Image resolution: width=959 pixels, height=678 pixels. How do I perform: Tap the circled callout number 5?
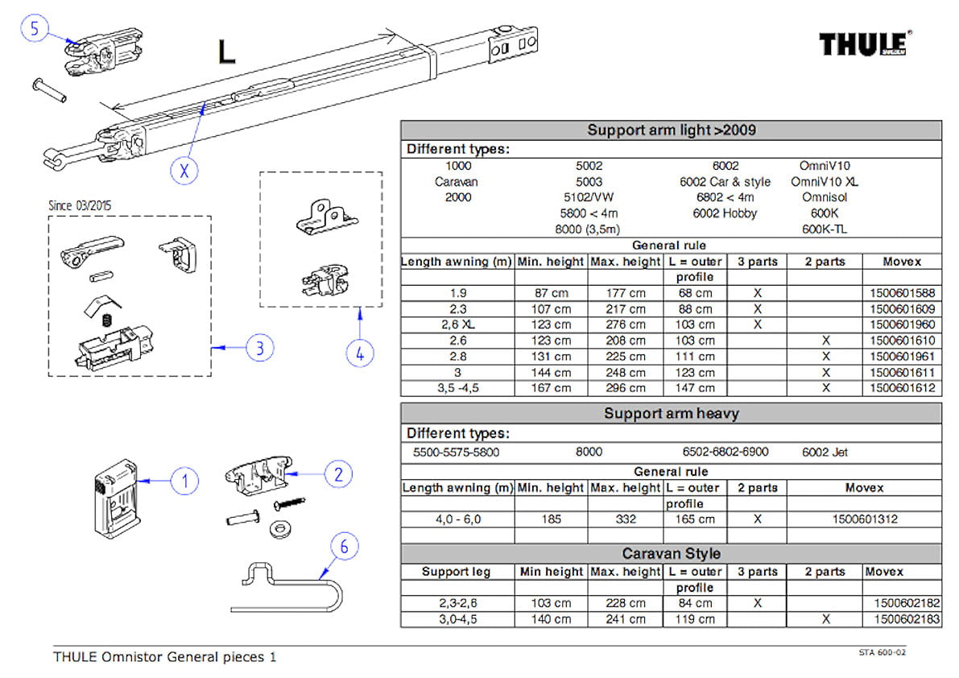click(35, 27)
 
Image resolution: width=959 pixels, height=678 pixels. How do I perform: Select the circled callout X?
click(184, 170)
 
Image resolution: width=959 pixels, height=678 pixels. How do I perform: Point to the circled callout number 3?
click(260, 348)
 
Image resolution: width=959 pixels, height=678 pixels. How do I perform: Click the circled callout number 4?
click(360, 353)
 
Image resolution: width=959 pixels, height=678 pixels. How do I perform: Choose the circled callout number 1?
click(184, 482)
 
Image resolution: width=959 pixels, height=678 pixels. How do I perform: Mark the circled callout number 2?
click(338, 474)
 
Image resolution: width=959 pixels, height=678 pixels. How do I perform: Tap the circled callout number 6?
click(345, 547)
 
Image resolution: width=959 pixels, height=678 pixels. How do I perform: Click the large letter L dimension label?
click(227, 52)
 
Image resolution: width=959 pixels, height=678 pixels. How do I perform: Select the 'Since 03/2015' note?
click(81, 205)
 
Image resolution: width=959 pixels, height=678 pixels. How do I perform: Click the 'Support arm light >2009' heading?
click(671, 130)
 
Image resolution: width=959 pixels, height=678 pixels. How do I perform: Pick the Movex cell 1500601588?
click(902, 293)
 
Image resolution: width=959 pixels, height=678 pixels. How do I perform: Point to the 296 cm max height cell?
click(625, 388)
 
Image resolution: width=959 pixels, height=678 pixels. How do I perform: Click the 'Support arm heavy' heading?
click(671, 414)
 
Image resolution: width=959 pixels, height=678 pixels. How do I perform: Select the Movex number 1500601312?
click(864, 519)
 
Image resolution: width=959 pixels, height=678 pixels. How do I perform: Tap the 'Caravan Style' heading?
click(671, 554)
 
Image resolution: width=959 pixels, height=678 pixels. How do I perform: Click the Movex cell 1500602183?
click(907, 619)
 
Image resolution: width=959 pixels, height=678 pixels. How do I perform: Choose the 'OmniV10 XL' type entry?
click(824, 181)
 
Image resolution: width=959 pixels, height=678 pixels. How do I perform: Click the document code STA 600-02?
click(882, 652)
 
